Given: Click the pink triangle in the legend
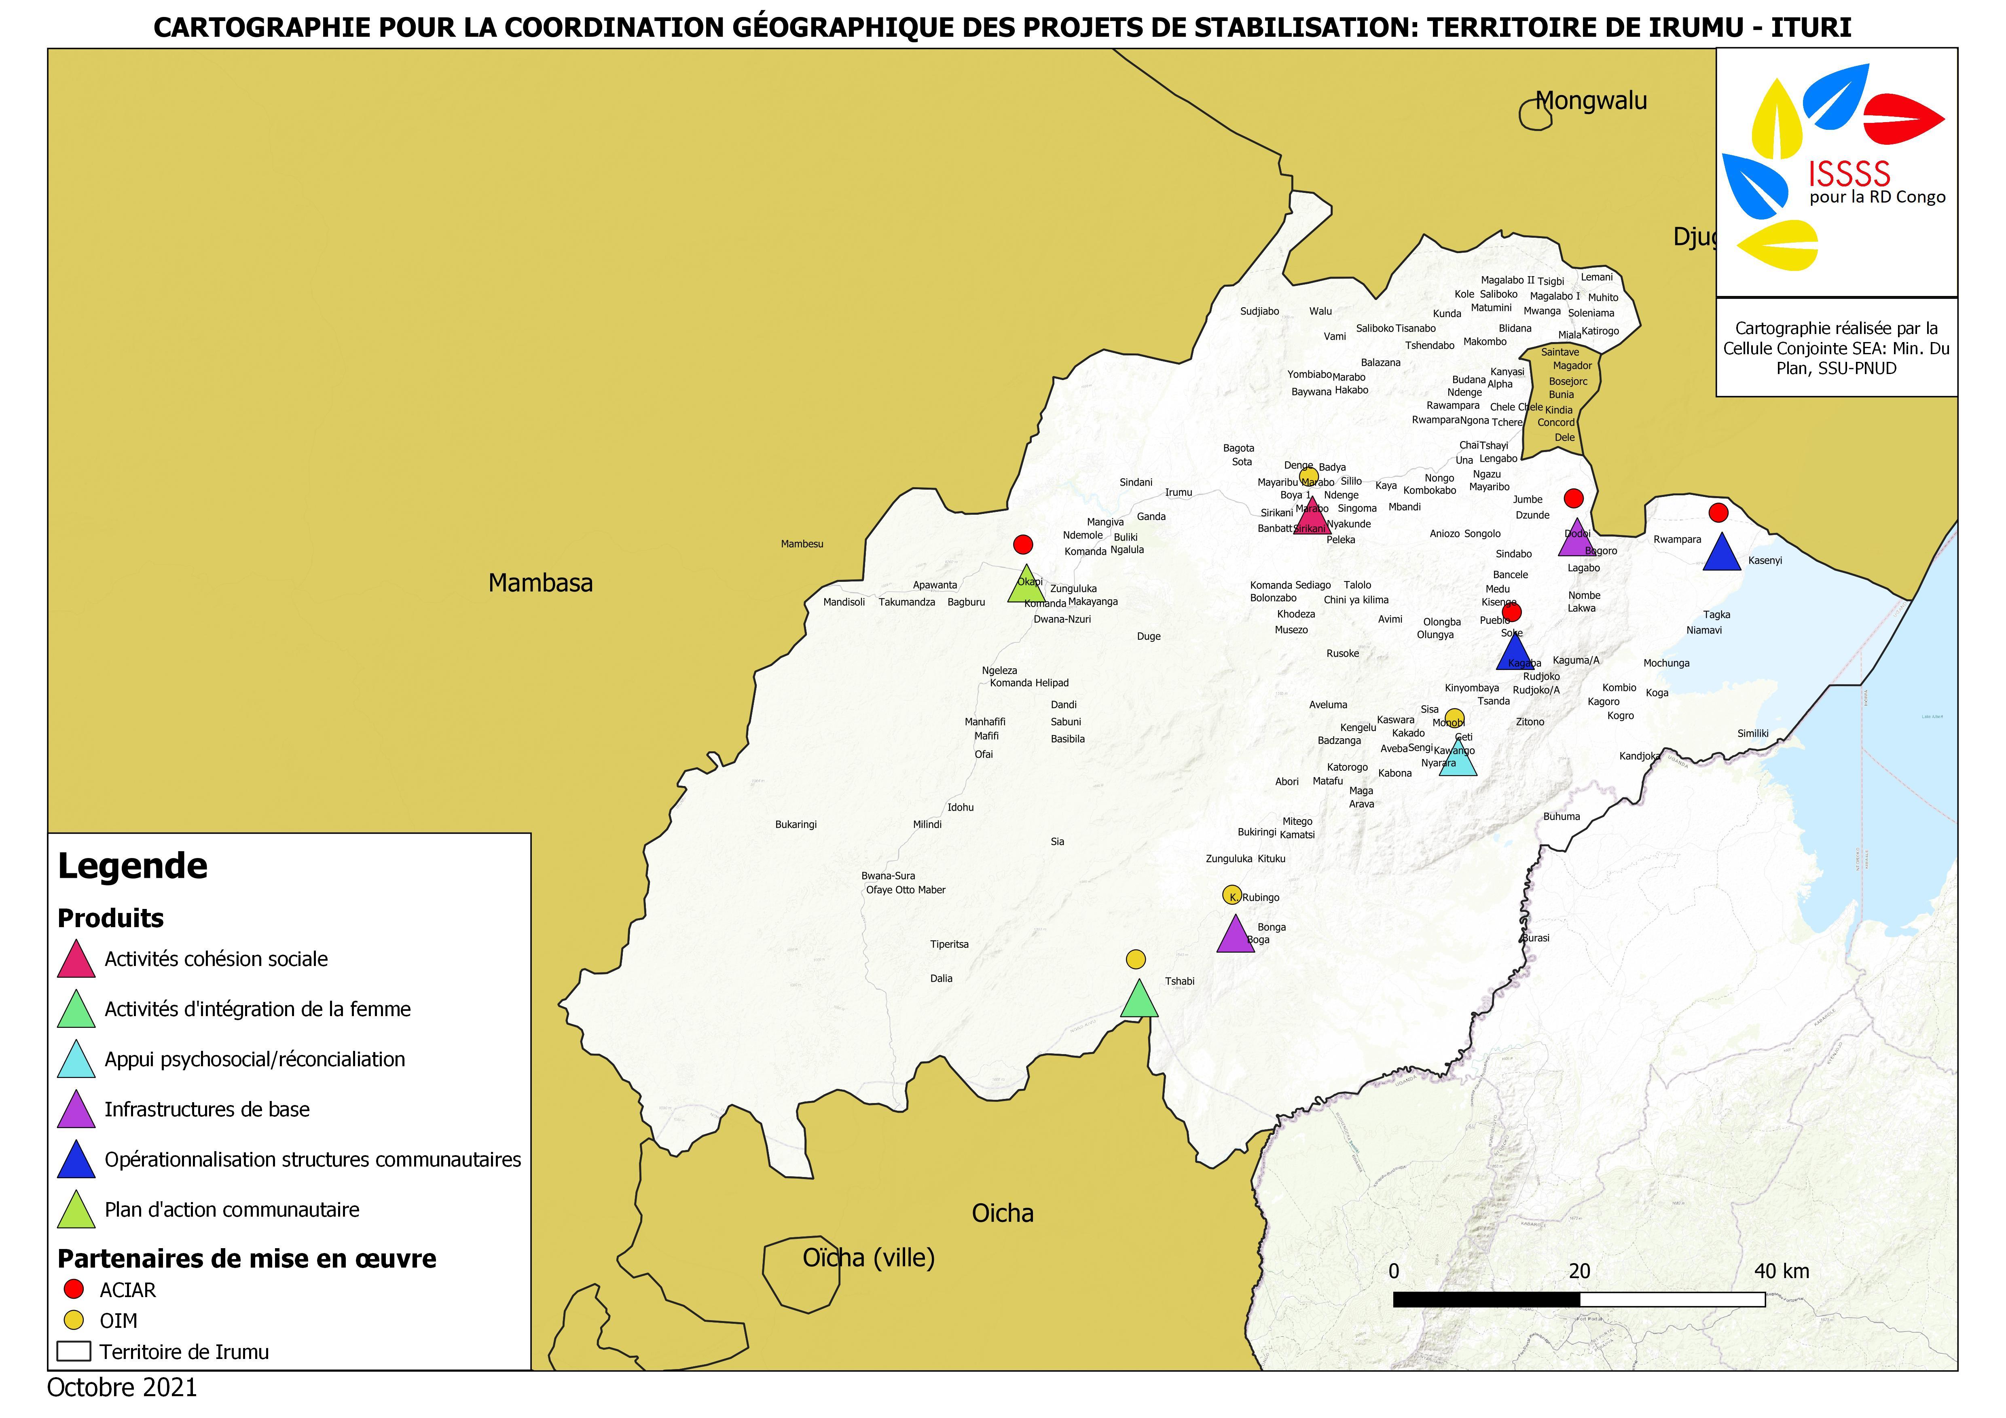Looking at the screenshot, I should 76,960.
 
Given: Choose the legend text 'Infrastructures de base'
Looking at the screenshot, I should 207,1109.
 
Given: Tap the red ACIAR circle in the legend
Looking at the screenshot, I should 74,1289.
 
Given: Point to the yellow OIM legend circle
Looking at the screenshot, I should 74,1320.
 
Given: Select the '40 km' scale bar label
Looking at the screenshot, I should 1782,1271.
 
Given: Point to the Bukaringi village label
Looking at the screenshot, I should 796,825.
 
